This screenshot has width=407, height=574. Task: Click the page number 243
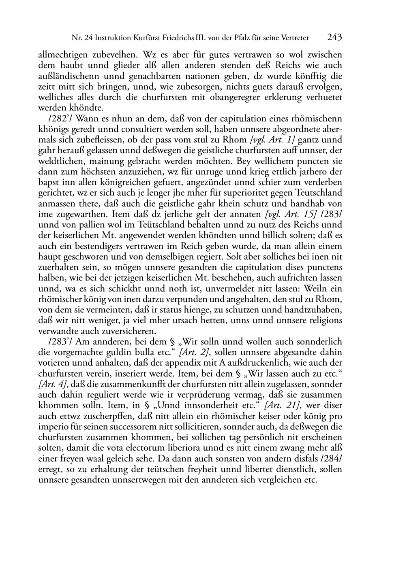tap(334, 38)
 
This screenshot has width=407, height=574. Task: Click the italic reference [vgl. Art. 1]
tap(273, 140)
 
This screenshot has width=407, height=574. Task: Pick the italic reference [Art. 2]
tap(194, 352)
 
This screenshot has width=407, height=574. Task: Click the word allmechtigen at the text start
tap(61, 55)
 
